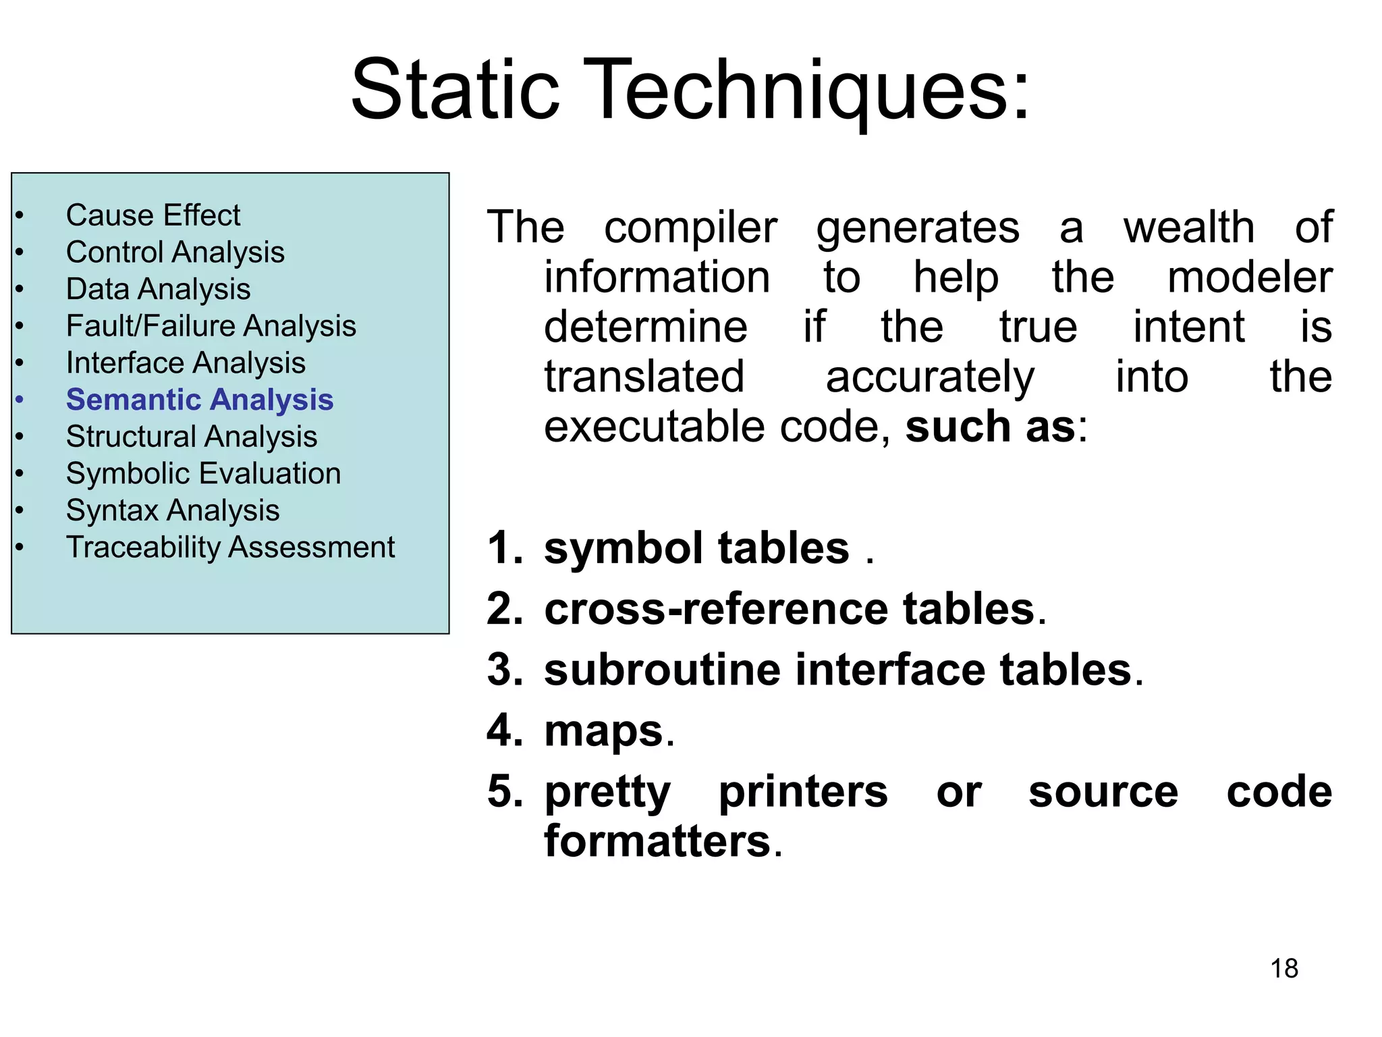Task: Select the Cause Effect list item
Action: tap(153, 215)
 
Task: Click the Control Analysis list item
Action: tap(175, 252)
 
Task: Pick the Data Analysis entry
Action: tap(159, 289)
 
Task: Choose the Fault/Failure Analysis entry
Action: tap(211, 326)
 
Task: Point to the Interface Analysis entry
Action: tap(186, 363)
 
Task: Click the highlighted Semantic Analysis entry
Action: tap(200, 400)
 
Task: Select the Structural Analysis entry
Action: tap(192, 437)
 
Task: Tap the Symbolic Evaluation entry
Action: tap(203, 473)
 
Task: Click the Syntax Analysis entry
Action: tap(173, 510)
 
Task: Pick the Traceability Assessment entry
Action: tap(230, 547)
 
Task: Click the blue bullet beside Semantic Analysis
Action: tap(20, 400)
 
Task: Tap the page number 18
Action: tap(1283, 968)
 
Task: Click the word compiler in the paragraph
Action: tap(690, 228)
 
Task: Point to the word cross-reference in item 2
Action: tap(717, 609)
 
